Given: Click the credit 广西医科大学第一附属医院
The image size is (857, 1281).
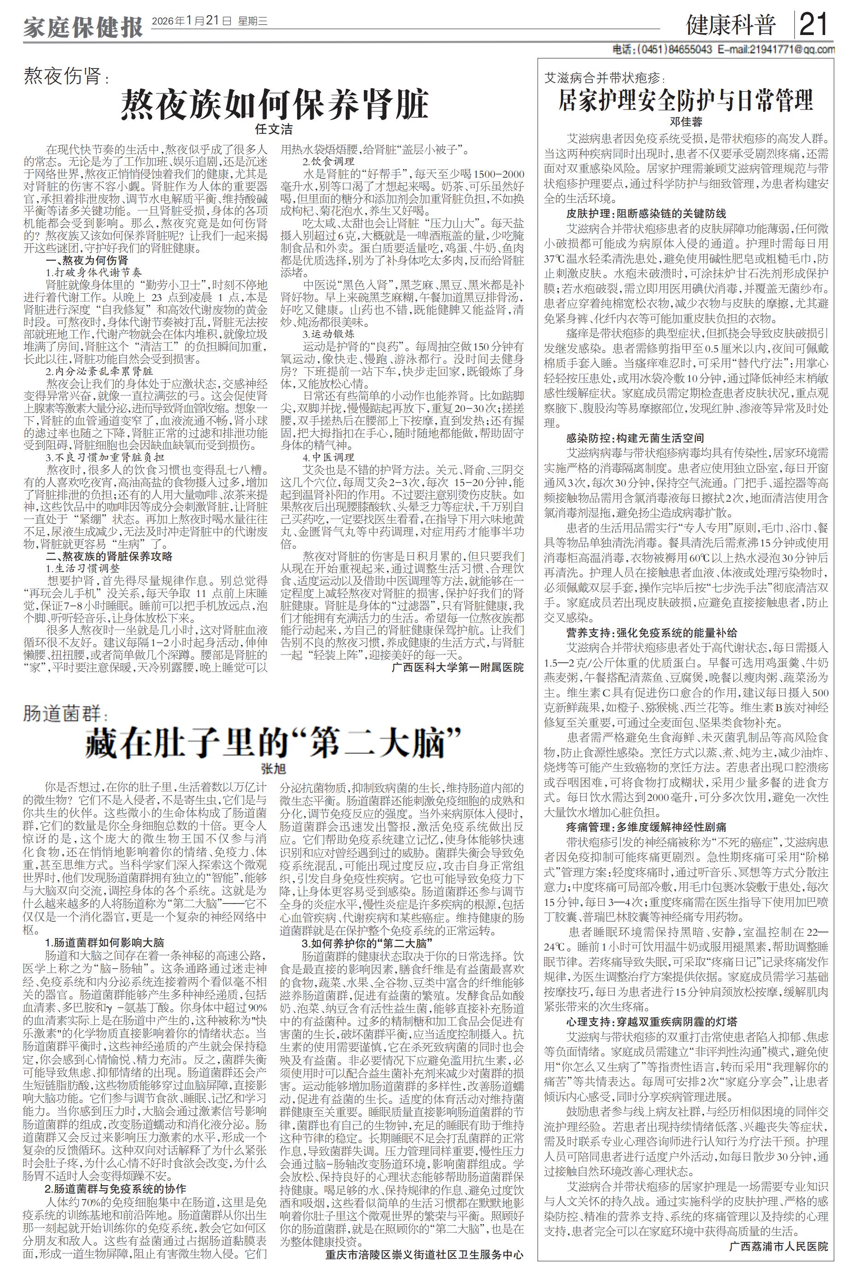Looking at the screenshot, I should pyautogui.click(x=457, y=667).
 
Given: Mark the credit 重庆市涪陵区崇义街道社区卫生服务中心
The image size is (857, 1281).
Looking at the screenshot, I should pyautogui.click(x=424, y=1269).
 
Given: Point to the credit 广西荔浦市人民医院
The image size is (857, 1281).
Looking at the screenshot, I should pyautogui.click(x=778, y=1257).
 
